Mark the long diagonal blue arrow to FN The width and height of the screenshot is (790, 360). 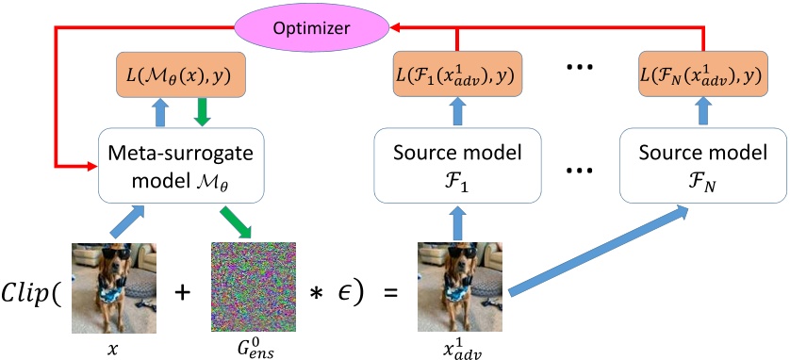click(602, 249)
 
